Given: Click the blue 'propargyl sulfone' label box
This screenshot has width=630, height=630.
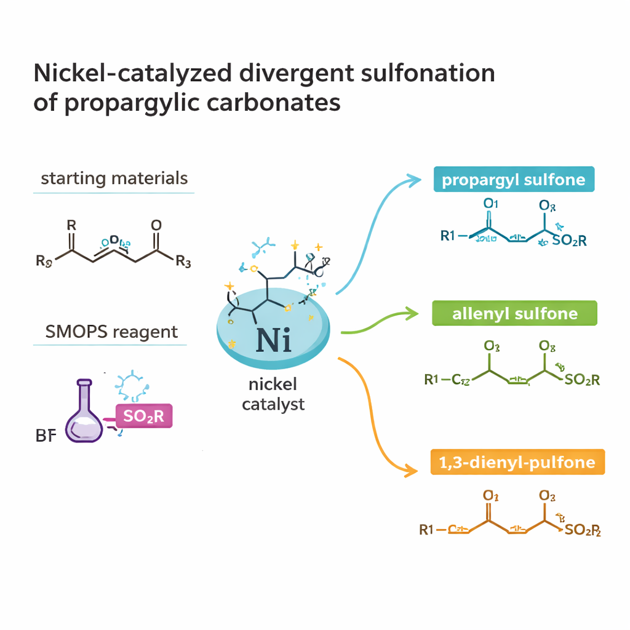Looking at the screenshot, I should tap(514, 180).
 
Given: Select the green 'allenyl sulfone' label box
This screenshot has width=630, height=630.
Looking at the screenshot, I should tap(514, 313).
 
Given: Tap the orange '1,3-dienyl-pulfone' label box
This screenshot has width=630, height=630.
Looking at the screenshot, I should tap(517, 462).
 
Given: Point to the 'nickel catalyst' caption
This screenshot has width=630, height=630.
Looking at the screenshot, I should tap(273, 394).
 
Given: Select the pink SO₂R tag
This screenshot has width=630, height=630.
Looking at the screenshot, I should tap(143, 416).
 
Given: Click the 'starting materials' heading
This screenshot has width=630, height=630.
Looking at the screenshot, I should tap(114, 179).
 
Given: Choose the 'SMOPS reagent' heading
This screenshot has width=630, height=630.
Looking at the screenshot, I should tap(111, 332).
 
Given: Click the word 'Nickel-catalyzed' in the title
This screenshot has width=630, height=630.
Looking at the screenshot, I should tap(133, 73).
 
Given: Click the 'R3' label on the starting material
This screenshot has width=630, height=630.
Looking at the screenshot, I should tap(183, 262).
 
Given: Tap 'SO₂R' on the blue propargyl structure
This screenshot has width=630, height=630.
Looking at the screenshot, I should tap(569, 241).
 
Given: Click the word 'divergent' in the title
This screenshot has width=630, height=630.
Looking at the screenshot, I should tap(297, 73).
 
